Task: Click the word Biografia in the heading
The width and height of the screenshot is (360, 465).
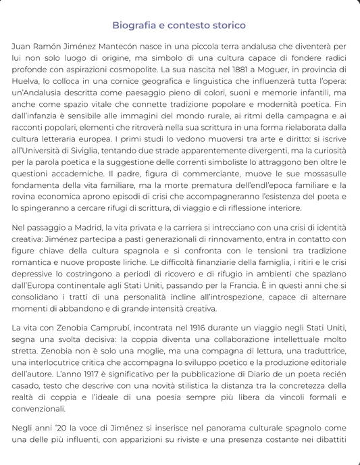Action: (134, 25)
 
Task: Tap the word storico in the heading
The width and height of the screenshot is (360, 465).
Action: (226, 25)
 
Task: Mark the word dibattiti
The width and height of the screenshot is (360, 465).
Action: (327, 440)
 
